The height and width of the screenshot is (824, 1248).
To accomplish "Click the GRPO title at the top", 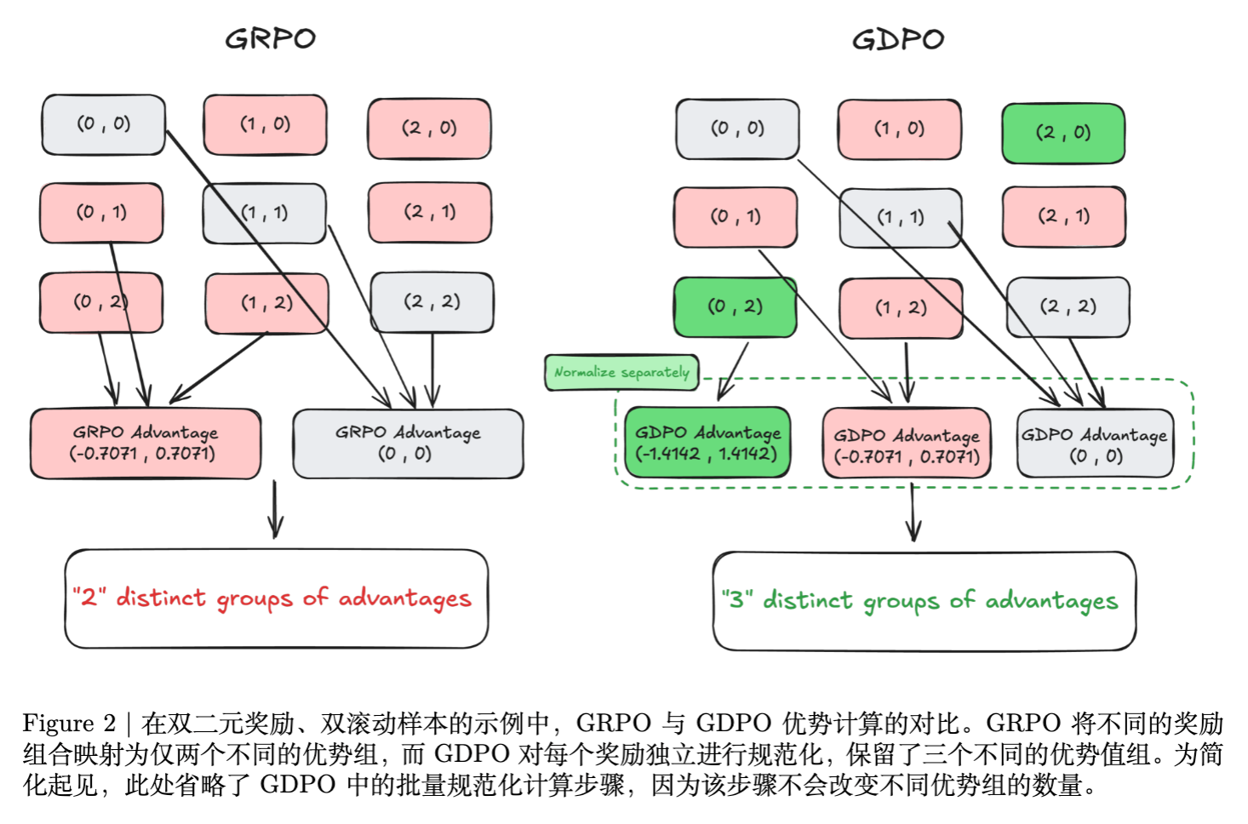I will pos(270,38).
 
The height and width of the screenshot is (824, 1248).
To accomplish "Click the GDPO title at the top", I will pos(898,39).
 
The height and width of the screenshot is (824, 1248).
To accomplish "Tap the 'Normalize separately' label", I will pos(621,373).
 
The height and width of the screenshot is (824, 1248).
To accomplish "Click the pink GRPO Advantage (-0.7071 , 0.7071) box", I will pos(145,443).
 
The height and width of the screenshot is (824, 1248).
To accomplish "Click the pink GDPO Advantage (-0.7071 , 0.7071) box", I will pos(907,445).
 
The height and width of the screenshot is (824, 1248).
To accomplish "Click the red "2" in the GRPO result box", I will pos(89,597).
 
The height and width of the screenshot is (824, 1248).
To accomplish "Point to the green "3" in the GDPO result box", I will pos(736,599).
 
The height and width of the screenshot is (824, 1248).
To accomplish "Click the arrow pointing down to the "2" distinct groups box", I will pos(275,511).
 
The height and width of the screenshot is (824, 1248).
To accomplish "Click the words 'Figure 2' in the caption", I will pos(69,724).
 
